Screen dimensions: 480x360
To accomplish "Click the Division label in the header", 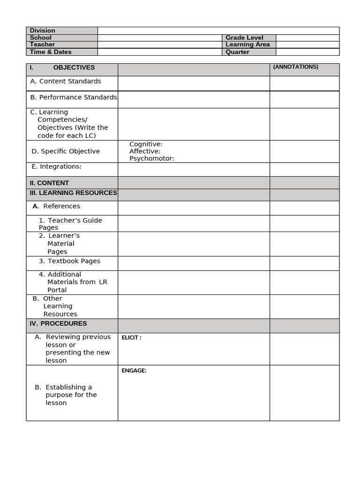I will [43, 30].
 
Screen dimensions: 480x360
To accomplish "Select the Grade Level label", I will [244, 37].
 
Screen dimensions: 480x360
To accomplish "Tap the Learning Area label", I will [247, 45].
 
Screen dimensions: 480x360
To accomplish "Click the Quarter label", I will [237, 52].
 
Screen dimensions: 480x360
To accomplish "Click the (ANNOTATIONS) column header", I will [295, 67].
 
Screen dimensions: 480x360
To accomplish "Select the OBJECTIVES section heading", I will [74, 67].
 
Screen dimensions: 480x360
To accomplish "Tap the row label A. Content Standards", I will [66, 81].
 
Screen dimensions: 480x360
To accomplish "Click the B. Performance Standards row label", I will [74, 97].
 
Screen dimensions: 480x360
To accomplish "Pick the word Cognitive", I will [146, 144].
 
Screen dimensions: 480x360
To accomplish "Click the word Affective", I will [145, 151].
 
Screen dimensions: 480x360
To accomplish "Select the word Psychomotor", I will [151, 158].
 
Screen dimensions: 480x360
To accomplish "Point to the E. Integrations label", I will [56, 166].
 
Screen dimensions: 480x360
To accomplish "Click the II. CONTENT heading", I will [49, 183].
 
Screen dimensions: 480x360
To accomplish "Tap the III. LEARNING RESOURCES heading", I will [73, 193].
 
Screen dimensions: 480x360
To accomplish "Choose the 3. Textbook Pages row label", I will [69, 261].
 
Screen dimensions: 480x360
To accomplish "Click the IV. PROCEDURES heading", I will [58, 323].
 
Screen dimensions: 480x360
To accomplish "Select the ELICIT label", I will [131, 337].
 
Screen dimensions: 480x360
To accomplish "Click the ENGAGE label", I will [134, 371].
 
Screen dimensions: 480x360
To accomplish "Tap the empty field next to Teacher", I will [159, 45].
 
